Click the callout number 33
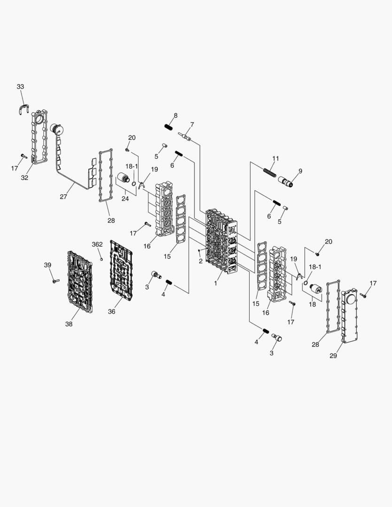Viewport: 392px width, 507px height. (x=20, y=87)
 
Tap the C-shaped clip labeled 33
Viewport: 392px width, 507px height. (x=24, y=111)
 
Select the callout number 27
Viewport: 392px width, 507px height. (x=63, y=197)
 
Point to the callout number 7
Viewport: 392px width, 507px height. (x=192, y=124)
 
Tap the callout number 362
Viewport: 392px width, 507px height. (x=97, y=245)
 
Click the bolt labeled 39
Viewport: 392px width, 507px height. (x=54, y=281)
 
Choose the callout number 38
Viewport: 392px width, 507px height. (x=69, y=323)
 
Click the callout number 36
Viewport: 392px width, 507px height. (x=111, y=311)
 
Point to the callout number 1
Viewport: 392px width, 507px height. (x=215, y=284)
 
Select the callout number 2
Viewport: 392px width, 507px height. (x=200, y=261)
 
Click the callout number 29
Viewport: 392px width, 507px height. (x=333, y=356)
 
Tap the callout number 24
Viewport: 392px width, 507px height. (x=125, y=199)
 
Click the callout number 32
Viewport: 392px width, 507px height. (x=24, y=177)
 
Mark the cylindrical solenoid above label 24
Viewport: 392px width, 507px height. (x=124, y=179)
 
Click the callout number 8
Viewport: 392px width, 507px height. (x=175, y=115)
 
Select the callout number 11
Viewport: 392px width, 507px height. (x=276, y=158)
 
